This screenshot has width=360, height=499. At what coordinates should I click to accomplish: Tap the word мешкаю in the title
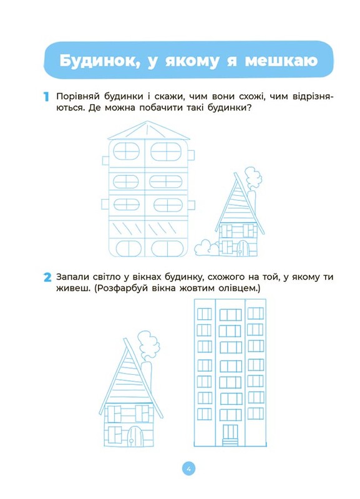coord(281,61)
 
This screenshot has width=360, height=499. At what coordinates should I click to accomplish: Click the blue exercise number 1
coord(46,97)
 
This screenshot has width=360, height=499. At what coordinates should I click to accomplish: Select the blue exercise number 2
coord(47,277)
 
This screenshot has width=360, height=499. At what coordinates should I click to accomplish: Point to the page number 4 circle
coord(188,469)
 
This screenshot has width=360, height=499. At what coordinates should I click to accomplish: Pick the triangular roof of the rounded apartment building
coord(148,130)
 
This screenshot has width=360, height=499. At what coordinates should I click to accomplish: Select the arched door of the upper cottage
coord(243,248)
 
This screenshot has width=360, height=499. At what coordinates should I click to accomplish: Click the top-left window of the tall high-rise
coord(205,314)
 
